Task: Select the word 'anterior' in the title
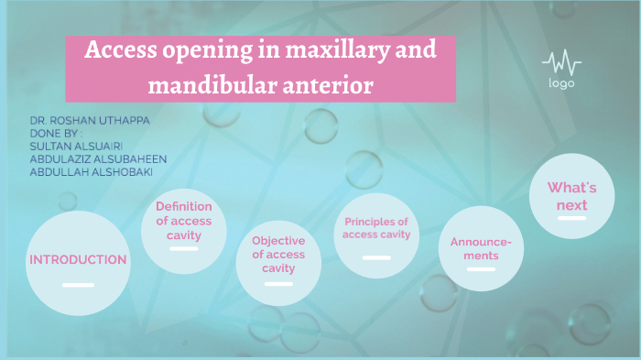tap(330, 87)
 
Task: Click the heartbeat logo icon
tap(561, 64)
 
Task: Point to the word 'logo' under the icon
tap(561, 84)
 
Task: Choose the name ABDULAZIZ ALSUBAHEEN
tap(98, 158)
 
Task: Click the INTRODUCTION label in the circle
tap(78, 259)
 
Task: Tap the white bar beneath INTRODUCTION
tap(78, 284)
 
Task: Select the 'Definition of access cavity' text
tap(183, 221)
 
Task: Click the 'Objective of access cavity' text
tap(278, 254)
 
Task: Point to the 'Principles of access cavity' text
tap(376, 228)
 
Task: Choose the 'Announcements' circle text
tap(481, 248)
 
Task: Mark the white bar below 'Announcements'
tap(481, 271)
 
